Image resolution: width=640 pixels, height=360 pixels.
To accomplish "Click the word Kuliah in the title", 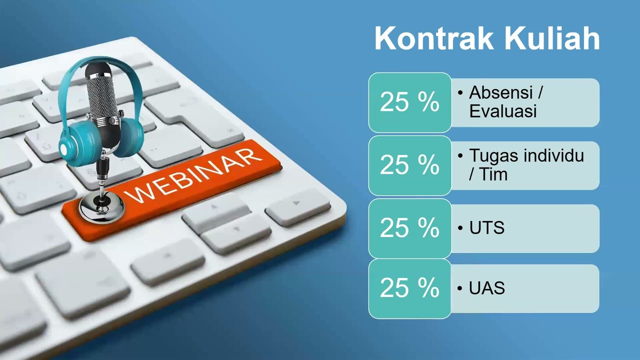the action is coord(551,38).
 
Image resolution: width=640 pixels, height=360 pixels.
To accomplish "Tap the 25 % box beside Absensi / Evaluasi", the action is coord(409,102).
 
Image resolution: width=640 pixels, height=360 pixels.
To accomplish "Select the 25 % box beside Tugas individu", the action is coord(409,165).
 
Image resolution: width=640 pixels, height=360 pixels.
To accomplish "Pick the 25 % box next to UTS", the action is coord(409,228).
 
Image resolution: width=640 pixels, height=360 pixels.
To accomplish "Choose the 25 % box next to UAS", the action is coord(409,288).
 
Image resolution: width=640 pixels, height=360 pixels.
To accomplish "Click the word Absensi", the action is coord(501,92).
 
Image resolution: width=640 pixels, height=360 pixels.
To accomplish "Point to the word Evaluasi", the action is coord(503,111).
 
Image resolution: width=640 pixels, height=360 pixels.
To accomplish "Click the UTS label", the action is coord(487,227).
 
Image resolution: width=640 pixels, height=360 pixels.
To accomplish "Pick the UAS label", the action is coord(487,287).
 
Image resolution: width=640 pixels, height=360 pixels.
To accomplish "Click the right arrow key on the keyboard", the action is coord(298,207).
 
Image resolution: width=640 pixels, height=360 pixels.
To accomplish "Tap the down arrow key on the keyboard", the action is coord(236,233).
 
